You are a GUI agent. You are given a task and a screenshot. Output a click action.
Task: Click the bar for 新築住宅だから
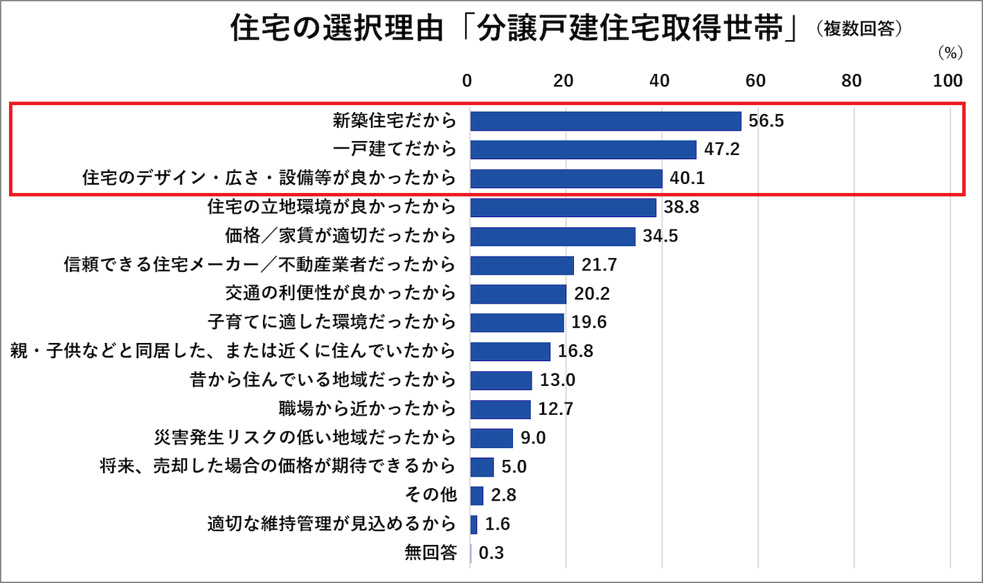[605, 121]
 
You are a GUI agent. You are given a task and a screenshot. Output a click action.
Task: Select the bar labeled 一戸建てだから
[583, 149]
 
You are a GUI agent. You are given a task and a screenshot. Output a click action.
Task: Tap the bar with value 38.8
[563, 207]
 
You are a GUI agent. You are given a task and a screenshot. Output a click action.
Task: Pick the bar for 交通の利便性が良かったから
[518, 294]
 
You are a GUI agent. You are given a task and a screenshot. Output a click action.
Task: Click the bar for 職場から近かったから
[500, 409]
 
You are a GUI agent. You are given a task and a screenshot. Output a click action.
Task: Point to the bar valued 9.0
[491, 438]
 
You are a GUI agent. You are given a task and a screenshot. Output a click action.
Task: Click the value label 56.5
[766, 121]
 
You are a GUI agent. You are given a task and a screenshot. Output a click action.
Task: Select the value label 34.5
[660, 237]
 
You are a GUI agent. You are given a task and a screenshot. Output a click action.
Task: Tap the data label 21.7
[599, 265]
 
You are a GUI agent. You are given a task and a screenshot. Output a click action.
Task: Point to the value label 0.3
[491, 553]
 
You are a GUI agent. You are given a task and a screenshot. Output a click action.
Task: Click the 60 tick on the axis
[755, 81]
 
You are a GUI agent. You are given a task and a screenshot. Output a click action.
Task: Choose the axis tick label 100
[947, 81]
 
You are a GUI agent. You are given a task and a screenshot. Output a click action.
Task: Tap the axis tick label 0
[467, 81]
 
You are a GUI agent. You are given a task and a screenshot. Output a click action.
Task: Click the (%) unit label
[950, 53]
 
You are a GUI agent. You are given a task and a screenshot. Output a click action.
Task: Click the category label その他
[431, 495]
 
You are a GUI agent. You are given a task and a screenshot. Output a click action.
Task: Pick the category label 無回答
[431, 553]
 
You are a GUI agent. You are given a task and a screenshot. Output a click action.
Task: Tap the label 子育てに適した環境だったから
[332, 322]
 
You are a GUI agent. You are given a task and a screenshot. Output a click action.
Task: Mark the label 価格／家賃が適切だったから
[341, 237]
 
